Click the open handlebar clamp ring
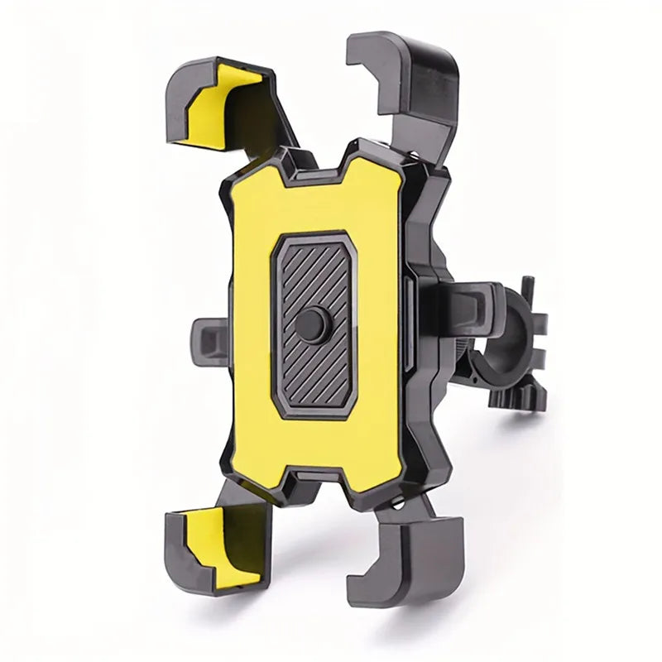pyautogui.click(x=496, y=339)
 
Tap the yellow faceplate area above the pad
pyautogui.click(x=314, y=203)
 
